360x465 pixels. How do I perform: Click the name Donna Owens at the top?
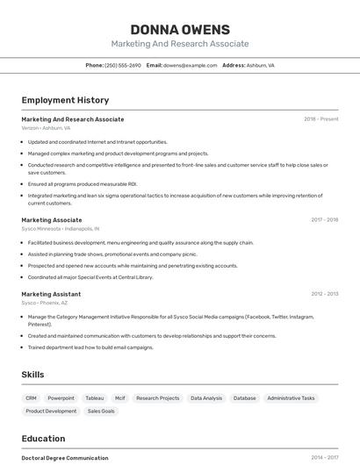180,29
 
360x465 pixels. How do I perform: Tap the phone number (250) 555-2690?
123,65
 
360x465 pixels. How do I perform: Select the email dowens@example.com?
190,65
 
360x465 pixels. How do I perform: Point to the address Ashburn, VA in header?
260,65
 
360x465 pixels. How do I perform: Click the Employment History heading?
65,100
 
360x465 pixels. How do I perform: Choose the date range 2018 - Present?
320,119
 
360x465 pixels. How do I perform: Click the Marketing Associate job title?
52,220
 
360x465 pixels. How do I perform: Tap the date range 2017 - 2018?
324,220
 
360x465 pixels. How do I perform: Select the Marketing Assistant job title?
51,294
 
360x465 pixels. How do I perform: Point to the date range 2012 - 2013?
324,294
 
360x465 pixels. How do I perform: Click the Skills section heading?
32,375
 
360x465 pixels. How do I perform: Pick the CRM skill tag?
31,397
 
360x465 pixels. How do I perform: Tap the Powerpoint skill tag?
61,397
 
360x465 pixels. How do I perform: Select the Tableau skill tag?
94,397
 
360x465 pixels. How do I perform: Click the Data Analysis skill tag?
206,397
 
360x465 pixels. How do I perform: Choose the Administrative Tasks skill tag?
291,397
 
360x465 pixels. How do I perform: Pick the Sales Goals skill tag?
101,411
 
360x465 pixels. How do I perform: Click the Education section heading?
43,439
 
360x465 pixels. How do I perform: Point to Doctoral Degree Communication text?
65,458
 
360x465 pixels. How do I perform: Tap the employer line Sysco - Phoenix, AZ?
41,302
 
